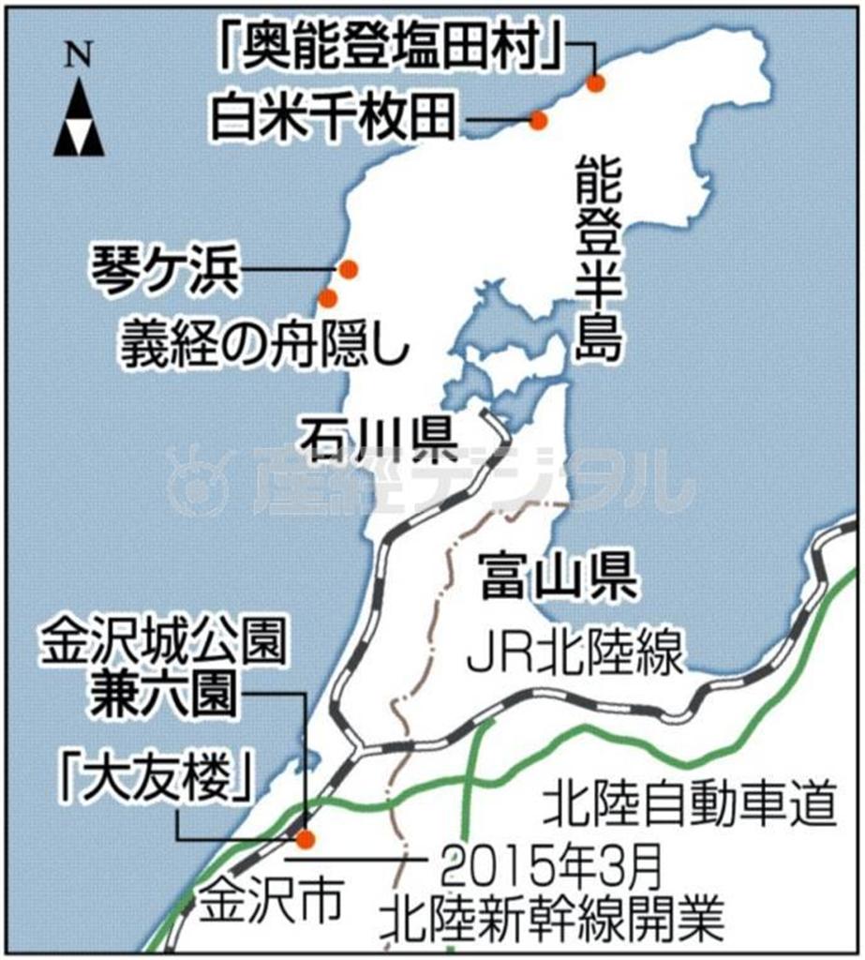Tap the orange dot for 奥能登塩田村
[x=595, y=83]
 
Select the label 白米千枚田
[x=334, y=119]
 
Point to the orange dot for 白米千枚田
[x=538, y=120]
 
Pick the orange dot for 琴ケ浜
[x=349, y=269]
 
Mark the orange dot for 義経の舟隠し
[x=328, y=298]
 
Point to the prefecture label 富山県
[x=557, y=578]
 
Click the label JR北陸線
[x=574, y=654]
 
